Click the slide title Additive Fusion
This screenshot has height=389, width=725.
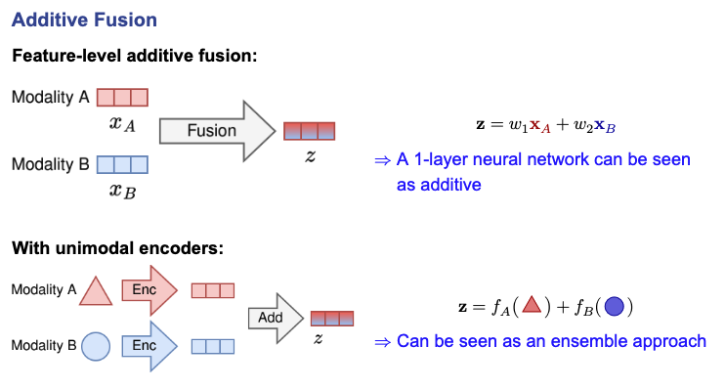point(84,20)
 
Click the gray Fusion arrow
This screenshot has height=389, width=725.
point(217,131)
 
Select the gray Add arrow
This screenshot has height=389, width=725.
point(276,319)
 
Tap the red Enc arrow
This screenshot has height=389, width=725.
point(149,290)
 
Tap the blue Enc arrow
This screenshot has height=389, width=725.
point(149,346)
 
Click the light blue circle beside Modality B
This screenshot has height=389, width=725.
point(96,346)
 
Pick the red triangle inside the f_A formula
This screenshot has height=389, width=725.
point(532,305)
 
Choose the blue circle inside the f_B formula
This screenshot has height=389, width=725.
point(614,306)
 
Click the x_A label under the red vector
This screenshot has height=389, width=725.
point(122,124)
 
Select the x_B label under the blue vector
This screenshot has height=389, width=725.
point(122,191)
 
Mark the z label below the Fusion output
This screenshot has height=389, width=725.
point(310,155)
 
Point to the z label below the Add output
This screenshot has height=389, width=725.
point(319,338)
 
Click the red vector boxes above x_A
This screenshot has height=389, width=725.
point(122,98)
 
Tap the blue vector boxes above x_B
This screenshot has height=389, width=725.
point(122,164)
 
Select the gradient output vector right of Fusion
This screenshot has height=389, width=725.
point(310,131)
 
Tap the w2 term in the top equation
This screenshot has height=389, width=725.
point(583,125)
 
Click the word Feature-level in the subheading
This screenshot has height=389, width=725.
point(66,56)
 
